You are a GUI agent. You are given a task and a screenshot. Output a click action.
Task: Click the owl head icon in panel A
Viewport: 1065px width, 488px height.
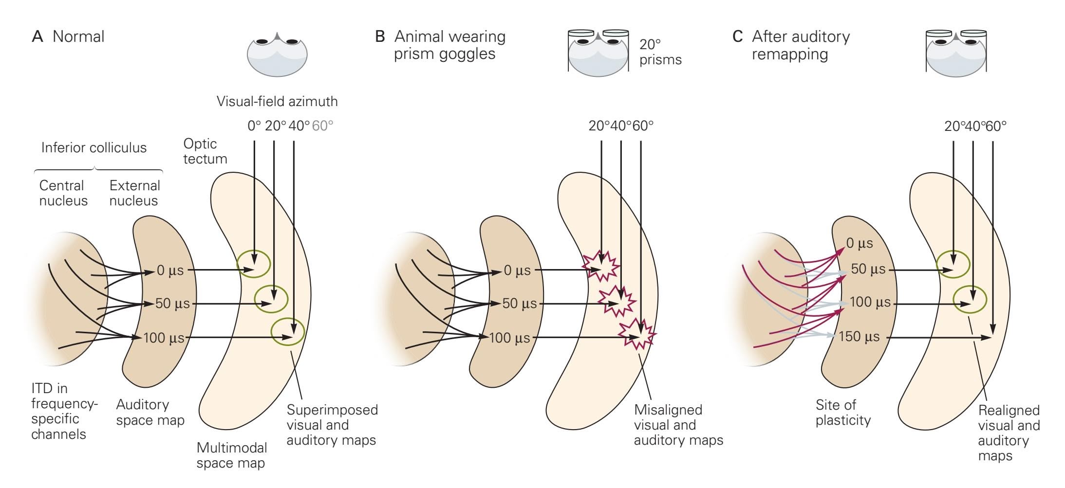[277, 54]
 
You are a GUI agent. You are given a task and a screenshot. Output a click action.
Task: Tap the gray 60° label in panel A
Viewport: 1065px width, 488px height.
[322, 126]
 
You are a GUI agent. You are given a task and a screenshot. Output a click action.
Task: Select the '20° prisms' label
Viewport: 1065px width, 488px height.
[660, 52]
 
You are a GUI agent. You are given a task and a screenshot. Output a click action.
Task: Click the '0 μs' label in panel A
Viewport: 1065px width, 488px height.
[170, 271]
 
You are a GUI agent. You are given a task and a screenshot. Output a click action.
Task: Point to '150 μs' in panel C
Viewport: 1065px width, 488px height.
[859, 337]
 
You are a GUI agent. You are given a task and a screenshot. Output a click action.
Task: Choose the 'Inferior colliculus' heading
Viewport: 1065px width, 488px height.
[93, 148]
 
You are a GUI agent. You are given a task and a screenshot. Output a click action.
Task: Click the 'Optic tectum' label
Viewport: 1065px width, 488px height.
[205, 151]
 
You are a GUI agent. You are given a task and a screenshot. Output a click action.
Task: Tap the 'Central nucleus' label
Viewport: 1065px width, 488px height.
[63, 193]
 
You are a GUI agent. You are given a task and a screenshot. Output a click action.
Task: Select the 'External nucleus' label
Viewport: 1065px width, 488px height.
[134, 193]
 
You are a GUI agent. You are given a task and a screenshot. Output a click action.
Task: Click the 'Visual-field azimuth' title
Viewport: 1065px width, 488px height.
[277, 102]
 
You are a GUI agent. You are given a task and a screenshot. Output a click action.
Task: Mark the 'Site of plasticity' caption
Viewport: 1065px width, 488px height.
[842, 413]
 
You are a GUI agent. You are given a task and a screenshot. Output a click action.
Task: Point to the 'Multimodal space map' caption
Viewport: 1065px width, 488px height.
[231, 455]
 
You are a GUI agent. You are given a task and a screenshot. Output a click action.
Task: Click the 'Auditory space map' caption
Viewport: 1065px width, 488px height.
[150, 413]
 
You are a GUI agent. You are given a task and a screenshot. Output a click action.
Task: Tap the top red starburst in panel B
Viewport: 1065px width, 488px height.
[602, 266]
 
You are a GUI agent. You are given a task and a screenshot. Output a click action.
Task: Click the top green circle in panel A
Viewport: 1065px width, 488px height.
[253, 264]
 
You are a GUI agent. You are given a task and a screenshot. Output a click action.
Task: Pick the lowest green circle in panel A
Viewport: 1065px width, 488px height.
[288, 331]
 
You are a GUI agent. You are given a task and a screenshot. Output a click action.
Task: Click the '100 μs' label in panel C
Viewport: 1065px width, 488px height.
[870, 303]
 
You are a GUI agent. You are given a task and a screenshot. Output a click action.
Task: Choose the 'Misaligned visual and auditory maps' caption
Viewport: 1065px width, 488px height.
[678, 425]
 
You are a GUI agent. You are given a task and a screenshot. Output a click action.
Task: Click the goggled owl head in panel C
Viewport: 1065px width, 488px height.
[956, 53]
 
